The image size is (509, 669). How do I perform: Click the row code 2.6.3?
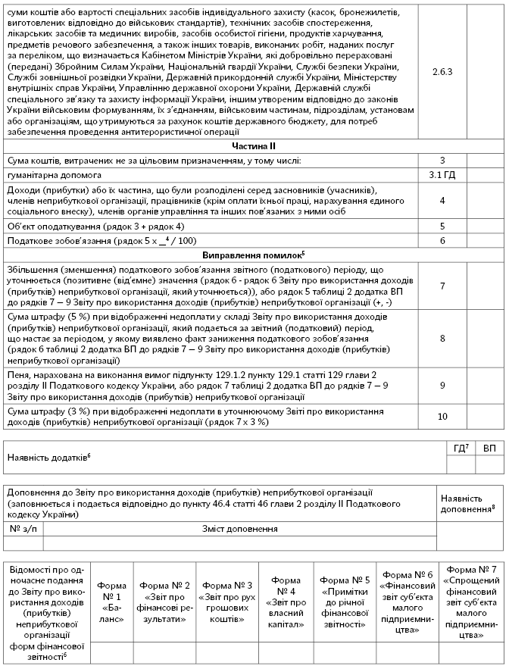click(x=442, y=72)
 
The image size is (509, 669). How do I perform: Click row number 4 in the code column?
click(x=442, y=200)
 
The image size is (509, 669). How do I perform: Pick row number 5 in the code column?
click(x=442, y=226)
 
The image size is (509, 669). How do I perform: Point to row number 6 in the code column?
click(x=442, y=240)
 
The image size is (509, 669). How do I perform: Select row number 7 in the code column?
click(x=442, y=286)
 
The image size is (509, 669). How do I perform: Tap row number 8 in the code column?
click(x=442, y=338)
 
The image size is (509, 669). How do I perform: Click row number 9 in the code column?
click(x=442, y=385)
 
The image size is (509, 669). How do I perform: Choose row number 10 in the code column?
click(x=442, y=416)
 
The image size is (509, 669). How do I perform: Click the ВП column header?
click(x=490, y=449)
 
